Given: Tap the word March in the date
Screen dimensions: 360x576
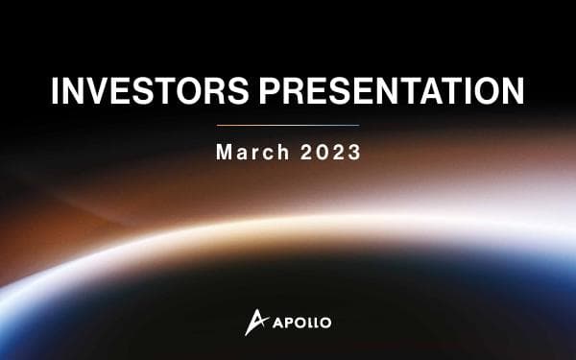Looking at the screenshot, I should tap(250, 154).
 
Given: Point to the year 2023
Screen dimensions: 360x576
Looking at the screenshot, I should tap(329, 154).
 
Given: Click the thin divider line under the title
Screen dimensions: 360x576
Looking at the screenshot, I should tap(288, 125).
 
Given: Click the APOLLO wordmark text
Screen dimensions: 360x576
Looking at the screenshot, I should tap(301, 322).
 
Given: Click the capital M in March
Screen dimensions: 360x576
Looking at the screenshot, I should tap(224, 154).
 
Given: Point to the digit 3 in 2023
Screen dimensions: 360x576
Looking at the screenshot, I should tap(354, 154).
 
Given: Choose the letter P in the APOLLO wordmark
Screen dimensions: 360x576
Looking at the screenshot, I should tap(287, 322).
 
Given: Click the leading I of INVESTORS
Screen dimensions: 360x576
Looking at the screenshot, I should tap(55, 92).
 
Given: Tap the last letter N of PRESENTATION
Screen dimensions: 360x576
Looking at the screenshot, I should tap(511, 92).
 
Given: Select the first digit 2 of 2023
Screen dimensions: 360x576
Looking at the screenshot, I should tap(305, 154).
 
